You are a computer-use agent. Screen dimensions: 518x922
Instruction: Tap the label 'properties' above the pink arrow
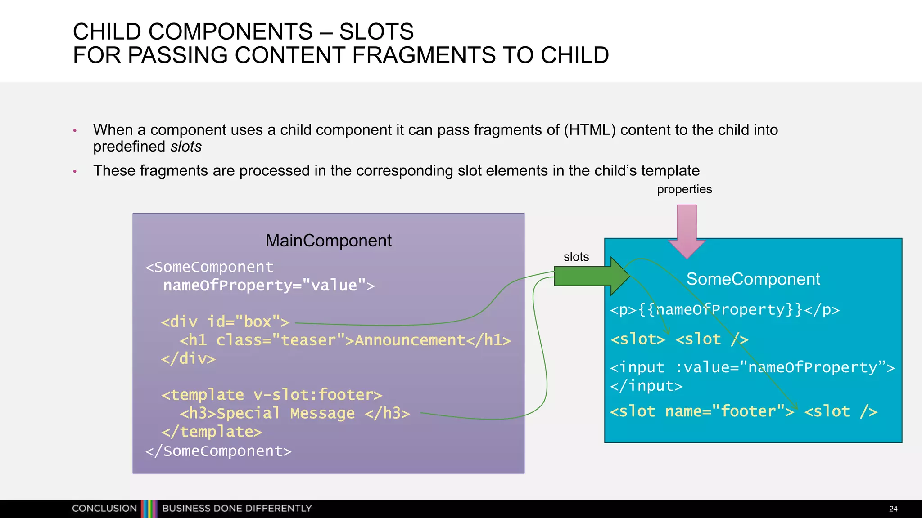[x=684, y=189]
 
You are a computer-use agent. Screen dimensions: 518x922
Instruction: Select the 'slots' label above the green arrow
[x=576, y=257]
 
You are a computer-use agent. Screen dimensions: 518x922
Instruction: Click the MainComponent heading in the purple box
[x=328, y=241]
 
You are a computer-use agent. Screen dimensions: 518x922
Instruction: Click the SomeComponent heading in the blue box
[x=753, y=279]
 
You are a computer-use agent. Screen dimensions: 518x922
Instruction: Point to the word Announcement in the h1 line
[x=410, y=340]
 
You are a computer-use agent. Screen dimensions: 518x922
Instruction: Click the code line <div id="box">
[x=225, y=322]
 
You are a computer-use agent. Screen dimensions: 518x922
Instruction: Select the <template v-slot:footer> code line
[x=271, y=395]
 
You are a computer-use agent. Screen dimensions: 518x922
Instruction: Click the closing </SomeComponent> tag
[x=218, y=451]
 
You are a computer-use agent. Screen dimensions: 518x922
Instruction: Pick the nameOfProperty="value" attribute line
[x=269, y=286]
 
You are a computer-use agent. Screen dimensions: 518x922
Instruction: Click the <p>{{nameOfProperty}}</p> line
[x=725, y=310]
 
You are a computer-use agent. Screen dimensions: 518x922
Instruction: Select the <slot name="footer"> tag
[x=702, y=411]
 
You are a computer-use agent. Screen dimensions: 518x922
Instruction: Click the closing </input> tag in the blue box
[x=646, y=386]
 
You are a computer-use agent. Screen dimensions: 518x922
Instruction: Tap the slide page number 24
[x=893, y=509]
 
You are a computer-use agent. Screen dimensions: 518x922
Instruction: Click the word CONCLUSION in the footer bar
[x=104, y=509]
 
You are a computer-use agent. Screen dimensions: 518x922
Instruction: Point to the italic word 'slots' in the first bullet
[x=186, y=147]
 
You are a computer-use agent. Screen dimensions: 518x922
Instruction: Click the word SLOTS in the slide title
[x=376, y=32]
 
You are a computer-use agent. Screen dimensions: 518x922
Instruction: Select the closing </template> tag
[x=212, y=432]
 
